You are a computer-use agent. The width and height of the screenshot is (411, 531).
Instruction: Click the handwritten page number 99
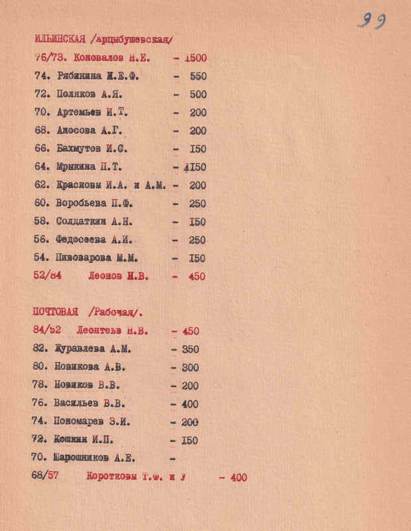pyautogui.click(x=372, y=21)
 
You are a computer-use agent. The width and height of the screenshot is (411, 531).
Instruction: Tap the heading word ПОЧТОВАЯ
pyautogui.click(x=55, y=312)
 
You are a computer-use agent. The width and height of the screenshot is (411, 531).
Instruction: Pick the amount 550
pyautogui.click(x=198, y=76)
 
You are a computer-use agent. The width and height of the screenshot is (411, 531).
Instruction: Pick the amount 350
pyautogui.click(x=189, y=349)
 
